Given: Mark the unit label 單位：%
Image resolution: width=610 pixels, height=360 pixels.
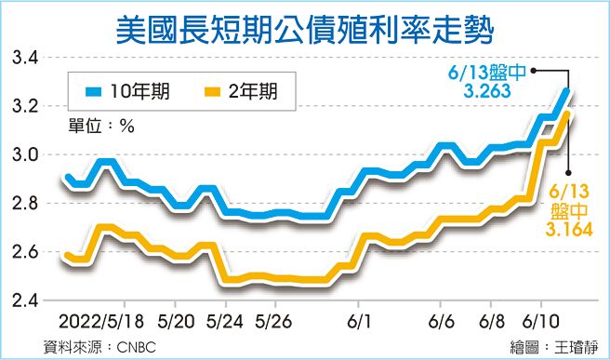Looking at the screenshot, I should point(101,127).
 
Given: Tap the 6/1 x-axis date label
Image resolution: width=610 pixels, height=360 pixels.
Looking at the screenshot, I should point(358,320).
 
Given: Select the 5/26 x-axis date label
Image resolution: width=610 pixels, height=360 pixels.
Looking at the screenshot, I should point(275,320).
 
